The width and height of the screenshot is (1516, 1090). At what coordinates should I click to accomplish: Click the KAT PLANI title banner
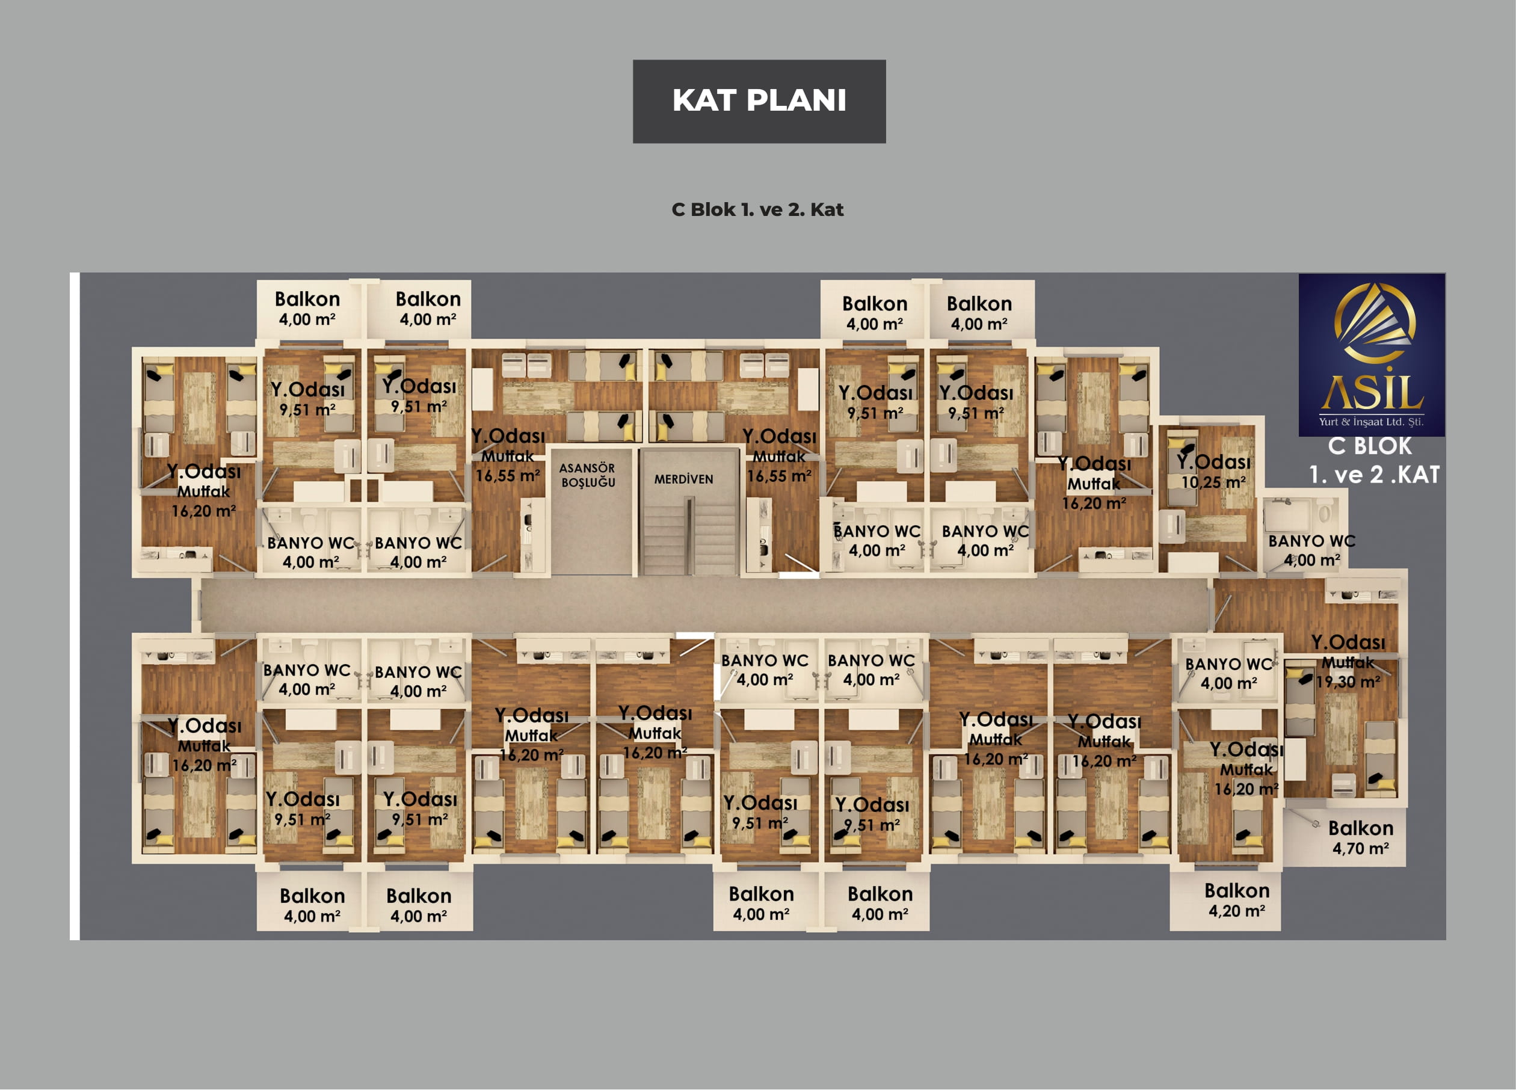759,102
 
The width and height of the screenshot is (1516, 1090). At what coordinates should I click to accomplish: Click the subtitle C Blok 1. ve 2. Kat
757,210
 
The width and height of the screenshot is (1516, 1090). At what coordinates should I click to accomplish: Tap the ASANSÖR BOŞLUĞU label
588,475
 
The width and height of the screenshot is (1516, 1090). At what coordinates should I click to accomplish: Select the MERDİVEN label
683,479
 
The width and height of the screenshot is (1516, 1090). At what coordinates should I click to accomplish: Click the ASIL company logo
1372,354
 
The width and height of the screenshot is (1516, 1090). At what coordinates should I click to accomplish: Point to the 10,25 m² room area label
1213,482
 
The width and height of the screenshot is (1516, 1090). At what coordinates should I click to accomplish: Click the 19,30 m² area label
1348,682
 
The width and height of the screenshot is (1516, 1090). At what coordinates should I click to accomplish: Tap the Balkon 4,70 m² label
1360,838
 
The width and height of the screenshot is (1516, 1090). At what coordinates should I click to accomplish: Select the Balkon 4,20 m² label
1237,900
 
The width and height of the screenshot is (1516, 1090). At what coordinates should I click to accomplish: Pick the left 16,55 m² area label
507,476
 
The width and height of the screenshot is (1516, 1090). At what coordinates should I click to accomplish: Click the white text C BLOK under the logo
1370,446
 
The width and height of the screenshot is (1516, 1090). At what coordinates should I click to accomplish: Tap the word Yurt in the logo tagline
1328,422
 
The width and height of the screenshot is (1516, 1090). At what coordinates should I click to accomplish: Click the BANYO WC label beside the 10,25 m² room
1311,541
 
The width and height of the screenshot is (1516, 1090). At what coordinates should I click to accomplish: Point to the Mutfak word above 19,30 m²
1348,662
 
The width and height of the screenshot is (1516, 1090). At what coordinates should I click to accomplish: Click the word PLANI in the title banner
796,101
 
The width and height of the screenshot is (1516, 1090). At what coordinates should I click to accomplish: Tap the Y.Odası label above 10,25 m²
1213,461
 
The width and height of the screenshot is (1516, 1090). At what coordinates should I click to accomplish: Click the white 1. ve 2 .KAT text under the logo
1373,475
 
